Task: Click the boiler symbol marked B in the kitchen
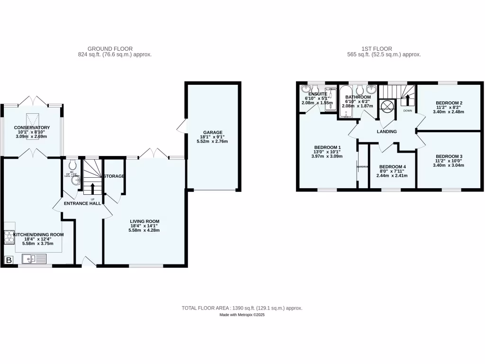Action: [9, 260]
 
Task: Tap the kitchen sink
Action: [34, 259]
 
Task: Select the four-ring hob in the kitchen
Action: [9, 237]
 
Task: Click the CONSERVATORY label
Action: [32, 127]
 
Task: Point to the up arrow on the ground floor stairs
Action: [92, 187]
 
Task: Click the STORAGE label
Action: [114, 176]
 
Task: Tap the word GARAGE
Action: [213, 133]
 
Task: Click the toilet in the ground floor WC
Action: [72, 165]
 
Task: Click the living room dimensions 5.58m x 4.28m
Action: [145, 231]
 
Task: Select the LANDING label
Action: [387, 131]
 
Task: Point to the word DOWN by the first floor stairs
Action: [407, 110]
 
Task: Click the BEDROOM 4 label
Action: [393, 166]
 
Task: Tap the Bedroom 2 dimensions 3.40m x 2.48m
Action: [449, 112]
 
